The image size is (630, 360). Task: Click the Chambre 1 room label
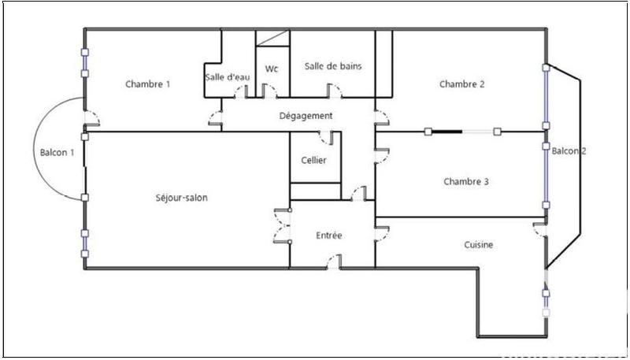click(x=148, y=84)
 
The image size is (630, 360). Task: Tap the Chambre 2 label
click(x=461, y=84)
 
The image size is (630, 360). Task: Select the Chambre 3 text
click(x=466, y=181)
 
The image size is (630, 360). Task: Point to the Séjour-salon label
click(x=182, y=198)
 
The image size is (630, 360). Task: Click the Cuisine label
click(x=479, y=245)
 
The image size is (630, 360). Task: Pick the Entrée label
click(x=328, y=235)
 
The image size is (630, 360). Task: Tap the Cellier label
click(x=313, y=161)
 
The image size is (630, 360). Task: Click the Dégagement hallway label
click(x=306, y=116)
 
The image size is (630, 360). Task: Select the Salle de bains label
click(x=333, y=66)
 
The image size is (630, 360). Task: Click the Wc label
click(x=272, y=69)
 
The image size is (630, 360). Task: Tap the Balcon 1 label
click(x=57, y=152)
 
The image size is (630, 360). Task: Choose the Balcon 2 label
click(x=569, y=151)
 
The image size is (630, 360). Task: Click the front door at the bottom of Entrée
click(x=335, y=262)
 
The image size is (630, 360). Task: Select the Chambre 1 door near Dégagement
click(x=215, y=119)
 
